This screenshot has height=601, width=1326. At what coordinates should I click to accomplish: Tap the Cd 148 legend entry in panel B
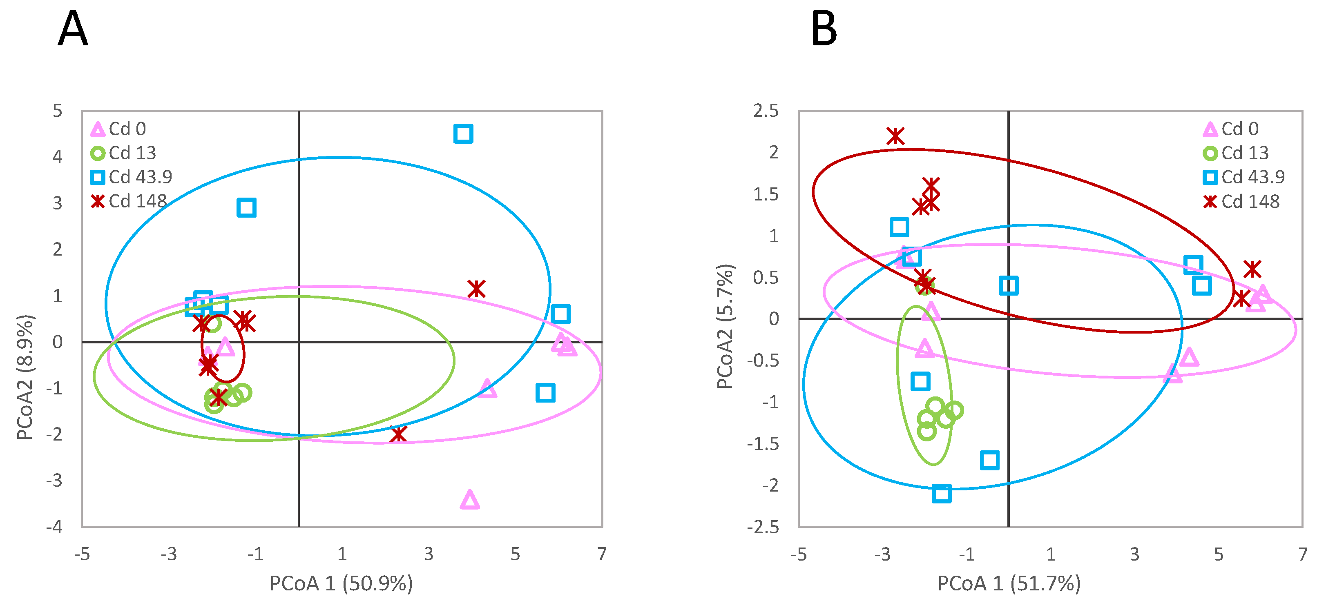coord(1241,201)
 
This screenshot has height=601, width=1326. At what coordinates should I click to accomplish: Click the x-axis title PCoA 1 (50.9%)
coord(341,583)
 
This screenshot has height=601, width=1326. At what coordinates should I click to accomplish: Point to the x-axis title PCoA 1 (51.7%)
coord(1009,583)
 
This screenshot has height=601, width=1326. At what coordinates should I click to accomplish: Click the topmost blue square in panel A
coord(463,134)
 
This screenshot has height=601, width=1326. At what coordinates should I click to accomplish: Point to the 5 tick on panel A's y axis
coord(57,111)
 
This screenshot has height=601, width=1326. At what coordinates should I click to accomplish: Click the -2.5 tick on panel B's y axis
coord(763,526)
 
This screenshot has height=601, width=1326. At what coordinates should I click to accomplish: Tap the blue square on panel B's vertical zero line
coord(1009,285)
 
